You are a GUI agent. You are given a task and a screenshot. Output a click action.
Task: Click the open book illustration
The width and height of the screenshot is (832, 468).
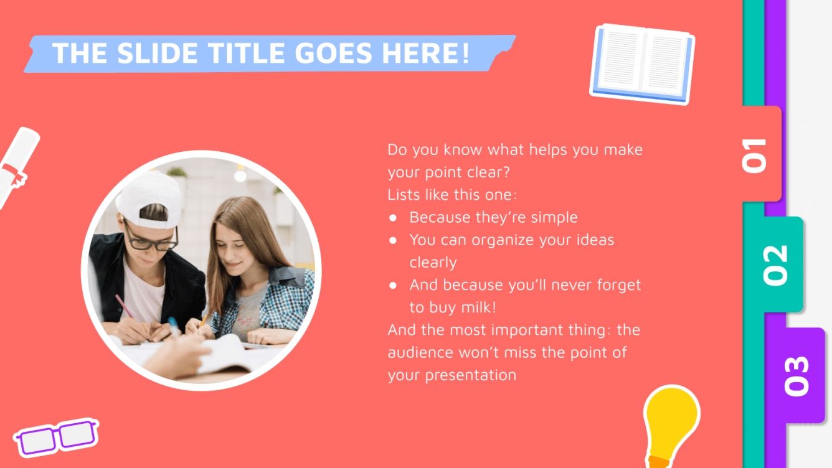coord(642,63)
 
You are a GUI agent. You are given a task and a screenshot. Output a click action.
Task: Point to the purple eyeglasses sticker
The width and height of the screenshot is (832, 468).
coord(56,437)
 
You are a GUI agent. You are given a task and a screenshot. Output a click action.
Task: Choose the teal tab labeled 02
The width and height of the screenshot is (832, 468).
coord(776,265)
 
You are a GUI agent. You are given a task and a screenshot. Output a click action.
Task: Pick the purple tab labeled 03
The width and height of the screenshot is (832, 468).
coord(797,375)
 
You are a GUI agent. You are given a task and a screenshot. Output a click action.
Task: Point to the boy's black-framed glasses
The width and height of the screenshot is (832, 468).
coord(152,239)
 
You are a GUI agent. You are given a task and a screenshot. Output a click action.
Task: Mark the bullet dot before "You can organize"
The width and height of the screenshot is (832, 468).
coord(393,240)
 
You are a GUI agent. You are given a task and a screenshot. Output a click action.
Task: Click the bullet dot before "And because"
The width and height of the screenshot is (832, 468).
coord(393,285)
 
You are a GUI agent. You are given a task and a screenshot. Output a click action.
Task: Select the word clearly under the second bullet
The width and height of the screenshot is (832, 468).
coord(433,263)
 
